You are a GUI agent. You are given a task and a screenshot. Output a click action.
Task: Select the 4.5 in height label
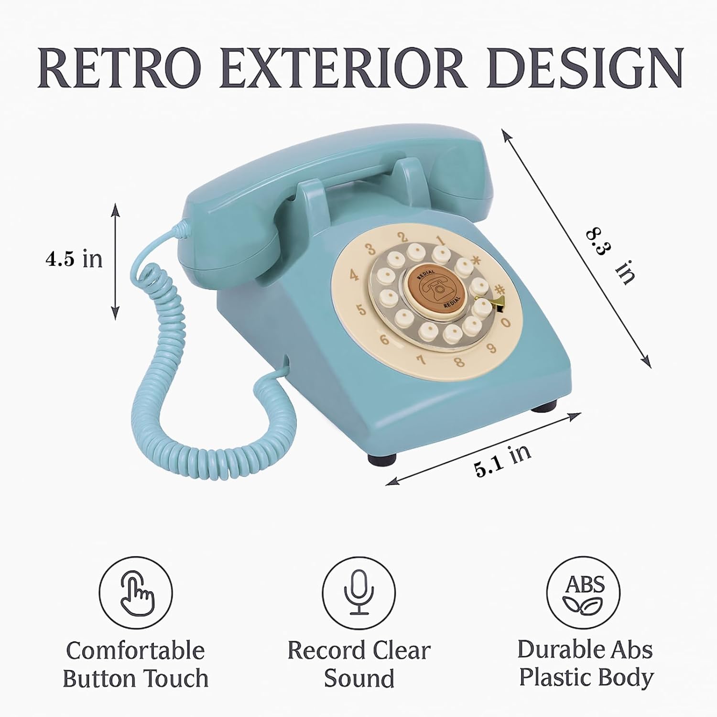click(74, 259)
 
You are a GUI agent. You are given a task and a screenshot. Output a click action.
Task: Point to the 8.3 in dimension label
click(609, 256)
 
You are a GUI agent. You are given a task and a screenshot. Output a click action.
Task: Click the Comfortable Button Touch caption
click(136, 665)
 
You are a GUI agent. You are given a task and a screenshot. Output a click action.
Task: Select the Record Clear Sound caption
click(359, 665)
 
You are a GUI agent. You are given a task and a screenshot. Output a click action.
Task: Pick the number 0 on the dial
click(505, 323)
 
